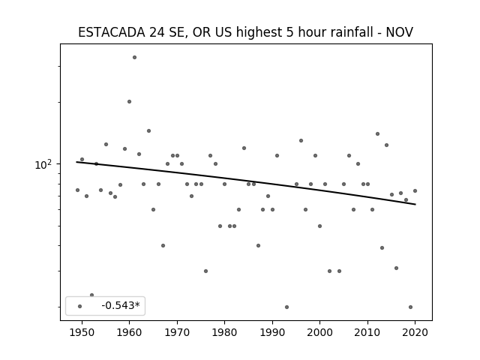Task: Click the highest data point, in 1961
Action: click(x=134, y=57)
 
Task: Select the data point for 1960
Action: click(x=130, y=101)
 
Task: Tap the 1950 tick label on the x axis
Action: click(x=82, y=332)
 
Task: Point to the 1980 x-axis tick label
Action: click(x=224, y=332)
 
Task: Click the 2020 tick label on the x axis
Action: click(x=415, y=332)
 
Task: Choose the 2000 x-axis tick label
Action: click(x=320, y=332)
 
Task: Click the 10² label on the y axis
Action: click(x=43, y=165)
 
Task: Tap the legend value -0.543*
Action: click(x=121, y=305)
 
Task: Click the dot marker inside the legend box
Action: click(x=80, y=306)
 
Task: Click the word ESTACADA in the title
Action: click(x=112, y=32)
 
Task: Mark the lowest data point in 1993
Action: click(x=286, y=307)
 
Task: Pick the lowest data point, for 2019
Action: click(x=410, y=307)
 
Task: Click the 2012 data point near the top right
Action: click(x=377, y=133)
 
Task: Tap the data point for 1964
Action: click(x=148, y=130)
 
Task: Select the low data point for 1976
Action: click(x=205, y=271)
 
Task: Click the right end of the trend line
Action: click(x=415, y=204)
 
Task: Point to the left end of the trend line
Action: click(x=76, y=162)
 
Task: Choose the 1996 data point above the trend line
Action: click(x=301, y=140)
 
